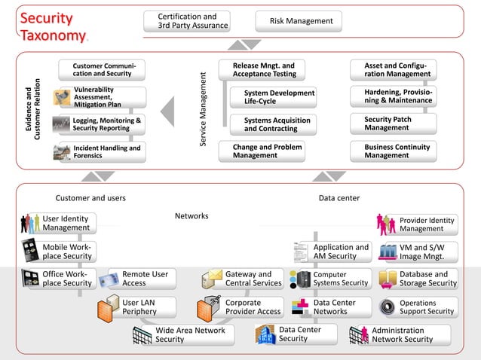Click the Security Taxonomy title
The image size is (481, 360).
click(x=53, y=27)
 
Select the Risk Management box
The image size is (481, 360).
click(x=299, y=21)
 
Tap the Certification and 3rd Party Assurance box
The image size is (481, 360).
click(x=186, y=21)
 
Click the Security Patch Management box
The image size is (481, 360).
click(x=392, y=124)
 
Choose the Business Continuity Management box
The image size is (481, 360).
click(x=392, y=151)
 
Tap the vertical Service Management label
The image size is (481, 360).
click(x=203, y=109)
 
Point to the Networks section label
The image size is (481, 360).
click(x=191, y=216)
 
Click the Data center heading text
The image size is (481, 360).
click(x=339, y=198)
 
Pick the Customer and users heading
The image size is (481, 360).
click(x=90, y=198)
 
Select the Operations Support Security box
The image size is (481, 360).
click(x=427, y=307)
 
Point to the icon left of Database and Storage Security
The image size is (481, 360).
click(x=388, y=279)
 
